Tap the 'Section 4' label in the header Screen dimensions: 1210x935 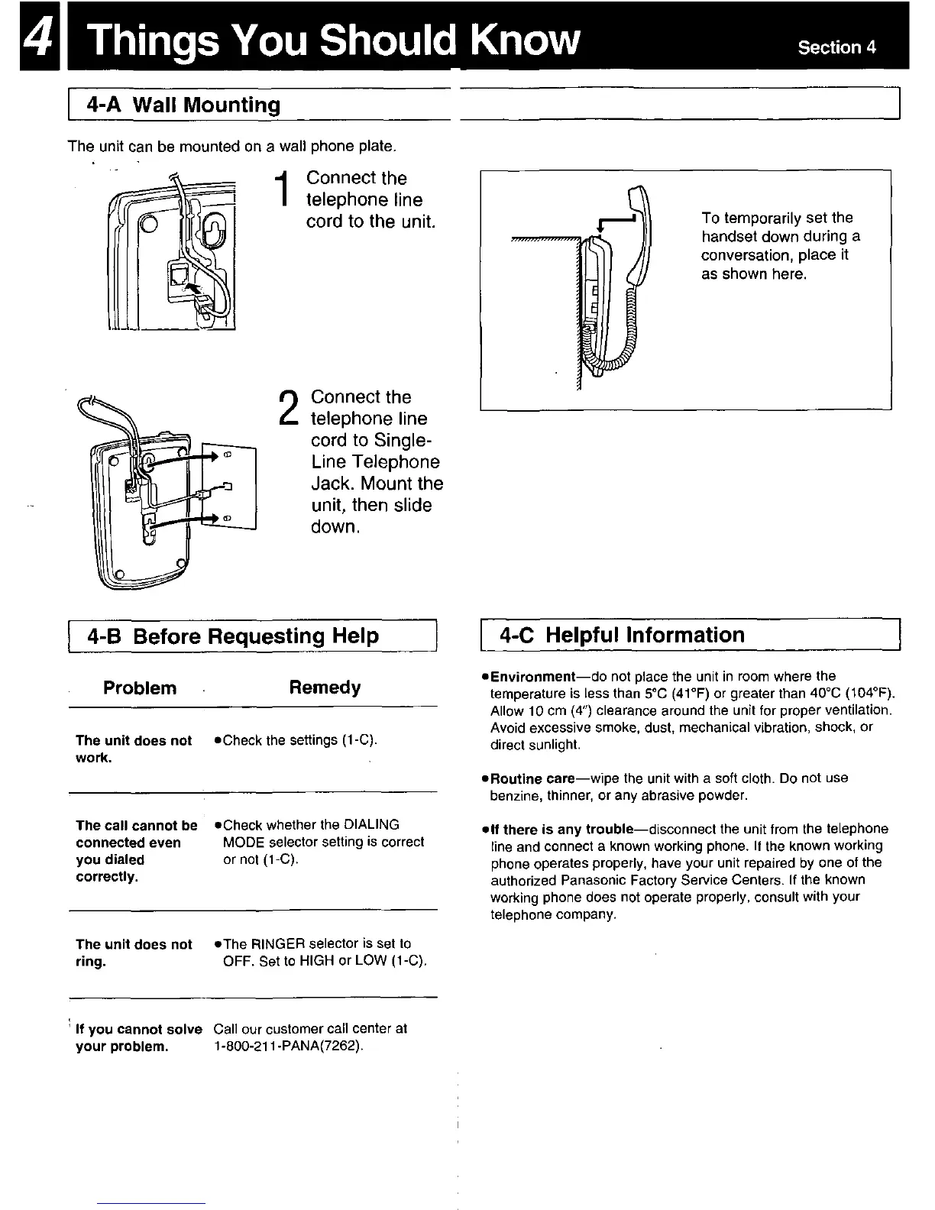(x=836, y=47)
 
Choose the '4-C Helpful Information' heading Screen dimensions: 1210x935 (x=622, y=635)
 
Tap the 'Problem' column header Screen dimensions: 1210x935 (x=140, y=687)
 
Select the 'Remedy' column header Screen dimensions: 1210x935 (x=325, y=687)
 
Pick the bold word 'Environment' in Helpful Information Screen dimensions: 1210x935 (x=532, y=677)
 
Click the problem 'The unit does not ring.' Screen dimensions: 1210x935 (x=134, y=953)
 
